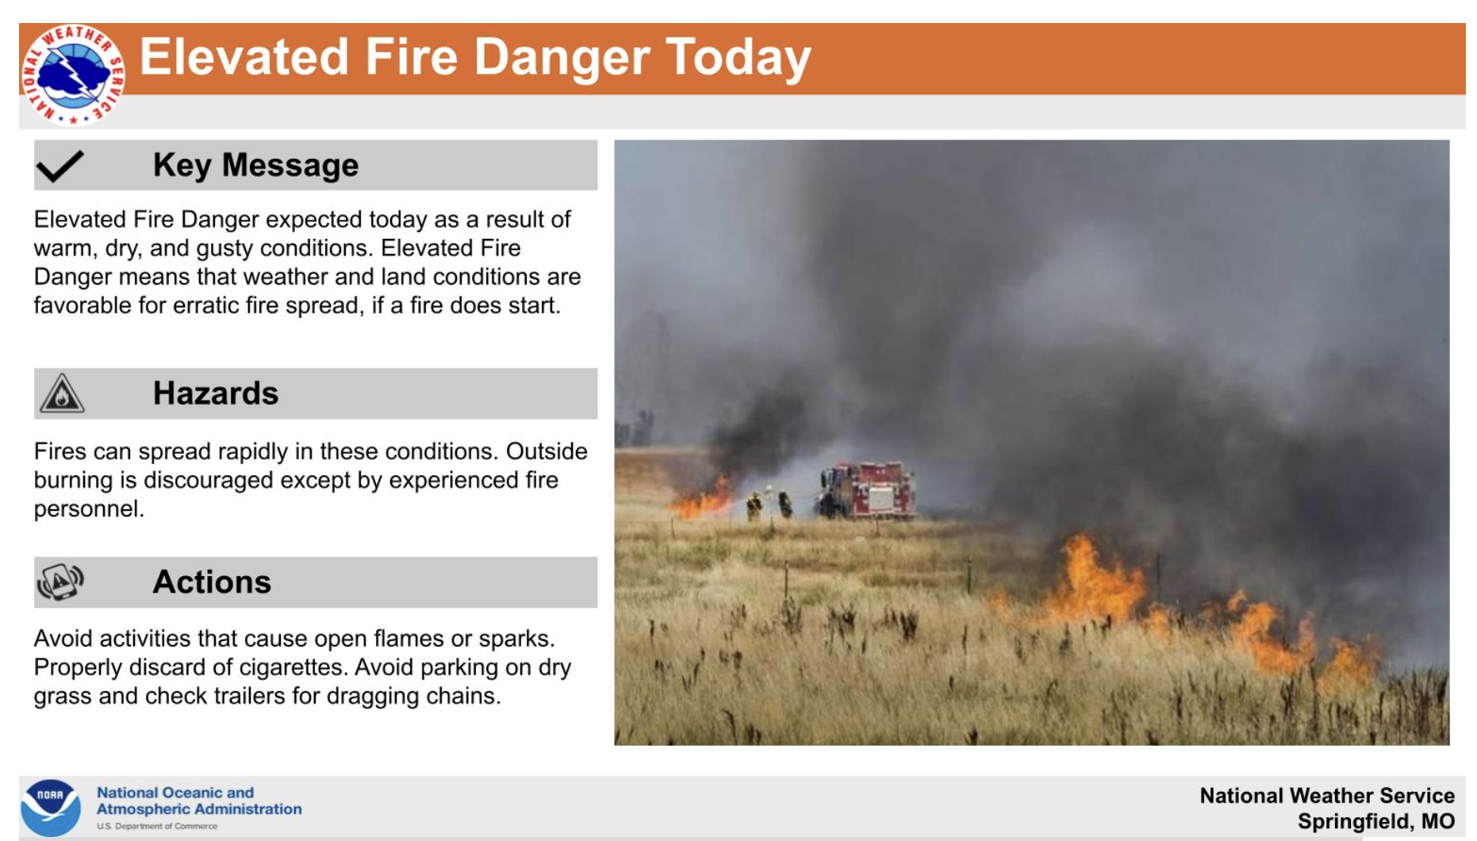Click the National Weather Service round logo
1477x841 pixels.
73,75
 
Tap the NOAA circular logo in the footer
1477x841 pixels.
51,808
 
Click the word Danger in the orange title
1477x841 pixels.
562,57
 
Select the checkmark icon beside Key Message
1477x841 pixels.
59,166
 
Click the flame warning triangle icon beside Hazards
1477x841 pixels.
62,393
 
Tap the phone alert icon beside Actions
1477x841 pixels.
60,582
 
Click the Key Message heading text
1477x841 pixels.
255,165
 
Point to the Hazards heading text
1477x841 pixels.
216,394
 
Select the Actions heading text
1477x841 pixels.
212,582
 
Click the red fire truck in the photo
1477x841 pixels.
867,490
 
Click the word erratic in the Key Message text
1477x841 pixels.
205,305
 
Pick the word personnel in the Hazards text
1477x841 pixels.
89,509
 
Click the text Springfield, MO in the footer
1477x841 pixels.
1376,822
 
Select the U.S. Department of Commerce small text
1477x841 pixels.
157,827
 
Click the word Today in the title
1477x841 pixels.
738,57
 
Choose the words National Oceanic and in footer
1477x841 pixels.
175,793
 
